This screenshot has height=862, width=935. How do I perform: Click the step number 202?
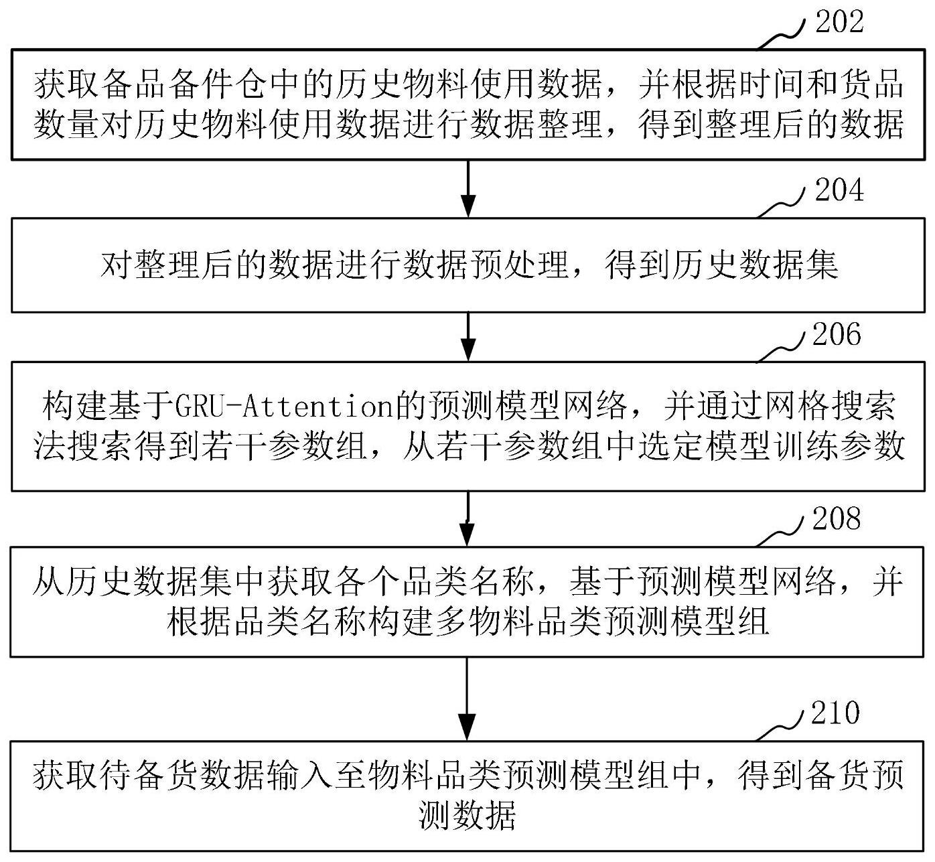tap(839, 21)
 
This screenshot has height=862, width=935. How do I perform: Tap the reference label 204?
tap(839, 190)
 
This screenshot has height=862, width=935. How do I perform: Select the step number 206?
tap(837, 334)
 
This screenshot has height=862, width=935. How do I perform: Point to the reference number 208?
tap(837, 518)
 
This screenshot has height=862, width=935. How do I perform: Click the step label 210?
tap(836, 713)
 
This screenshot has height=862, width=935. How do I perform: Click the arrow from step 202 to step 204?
tap(468, 190)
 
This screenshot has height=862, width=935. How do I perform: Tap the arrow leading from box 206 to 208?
tap(467, 519)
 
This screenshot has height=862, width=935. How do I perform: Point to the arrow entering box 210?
tap(467, 699)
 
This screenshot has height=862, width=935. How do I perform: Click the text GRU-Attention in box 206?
tap(284, 406)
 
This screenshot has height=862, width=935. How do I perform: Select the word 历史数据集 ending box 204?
tap(755, 265)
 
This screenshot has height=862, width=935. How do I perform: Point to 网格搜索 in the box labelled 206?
tap(831, 406)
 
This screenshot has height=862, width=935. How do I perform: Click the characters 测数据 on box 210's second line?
tap(467, 815)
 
